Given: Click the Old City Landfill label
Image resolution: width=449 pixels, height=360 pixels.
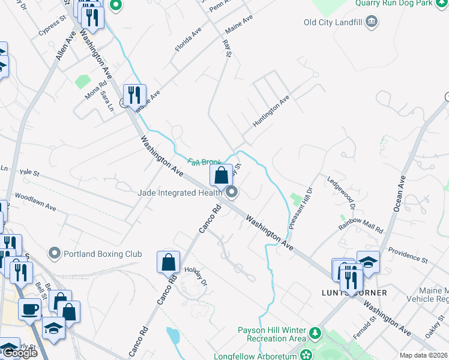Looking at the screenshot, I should [x=333, y=23].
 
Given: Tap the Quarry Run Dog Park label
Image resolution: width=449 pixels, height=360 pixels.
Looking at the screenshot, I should [x=402, y=3].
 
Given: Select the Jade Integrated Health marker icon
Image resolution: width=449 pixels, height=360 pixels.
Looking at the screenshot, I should [x=232, y=193].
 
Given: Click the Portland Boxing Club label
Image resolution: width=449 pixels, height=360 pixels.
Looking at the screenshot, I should [x=103, y=253].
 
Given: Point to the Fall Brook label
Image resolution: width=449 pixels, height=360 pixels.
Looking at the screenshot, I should [x=205, y=162].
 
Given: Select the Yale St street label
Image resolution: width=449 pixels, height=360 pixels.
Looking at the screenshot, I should [x=29, y=173].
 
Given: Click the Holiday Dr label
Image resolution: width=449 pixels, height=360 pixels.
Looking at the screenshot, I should [x=196, y=277].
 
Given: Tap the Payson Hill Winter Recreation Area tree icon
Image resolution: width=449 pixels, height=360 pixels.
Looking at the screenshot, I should [x=315, y=332].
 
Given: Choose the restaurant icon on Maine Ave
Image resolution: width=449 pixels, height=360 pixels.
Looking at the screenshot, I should [x=134, y=94].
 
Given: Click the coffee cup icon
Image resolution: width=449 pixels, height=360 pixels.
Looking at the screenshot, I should [x=29, y=308].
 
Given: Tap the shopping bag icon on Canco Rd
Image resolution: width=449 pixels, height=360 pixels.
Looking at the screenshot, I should [x=168, y=262].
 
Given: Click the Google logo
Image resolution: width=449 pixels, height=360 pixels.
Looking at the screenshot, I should [x=20, y=353].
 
